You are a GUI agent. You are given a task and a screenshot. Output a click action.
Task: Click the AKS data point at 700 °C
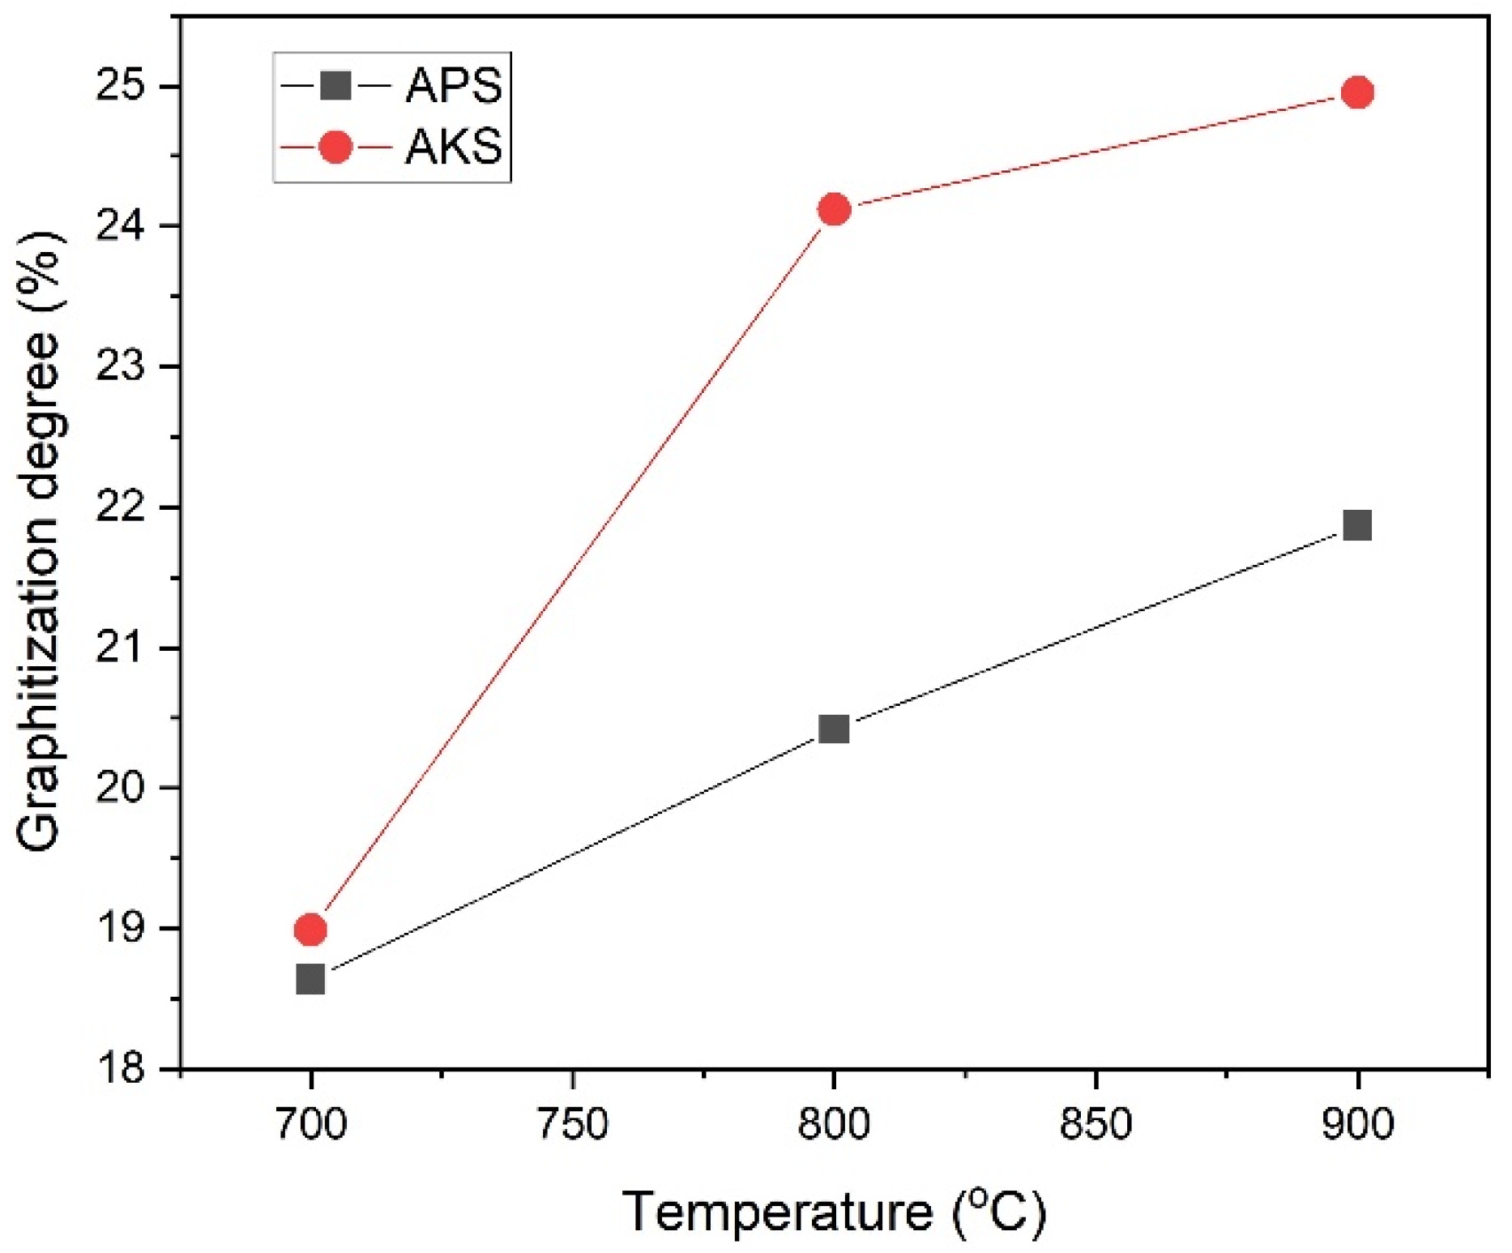coord(310,930)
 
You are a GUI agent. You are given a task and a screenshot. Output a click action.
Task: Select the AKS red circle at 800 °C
coord(834,210)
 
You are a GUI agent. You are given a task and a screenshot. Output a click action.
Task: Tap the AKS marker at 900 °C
coord(1357,93)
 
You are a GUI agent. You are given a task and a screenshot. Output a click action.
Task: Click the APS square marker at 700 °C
coord(310,979)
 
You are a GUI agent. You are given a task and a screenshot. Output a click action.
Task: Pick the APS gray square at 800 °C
coord(834,729)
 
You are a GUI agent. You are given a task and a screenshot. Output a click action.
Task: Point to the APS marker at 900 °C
coord(1357,525)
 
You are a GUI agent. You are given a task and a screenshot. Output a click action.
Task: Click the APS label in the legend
coord(454,85)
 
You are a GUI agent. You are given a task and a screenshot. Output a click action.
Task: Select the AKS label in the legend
coord(454,148)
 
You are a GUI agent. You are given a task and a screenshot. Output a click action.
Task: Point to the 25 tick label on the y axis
coord(121,86)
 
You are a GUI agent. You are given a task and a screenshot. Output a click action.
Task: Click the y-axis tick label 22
coord(121,508)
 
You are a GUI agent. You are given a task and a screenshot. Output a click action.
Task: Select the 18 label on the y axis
coord(121,1069)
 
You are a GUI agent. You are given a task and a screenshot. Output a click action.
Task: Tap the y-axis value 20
coord(121,789)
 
